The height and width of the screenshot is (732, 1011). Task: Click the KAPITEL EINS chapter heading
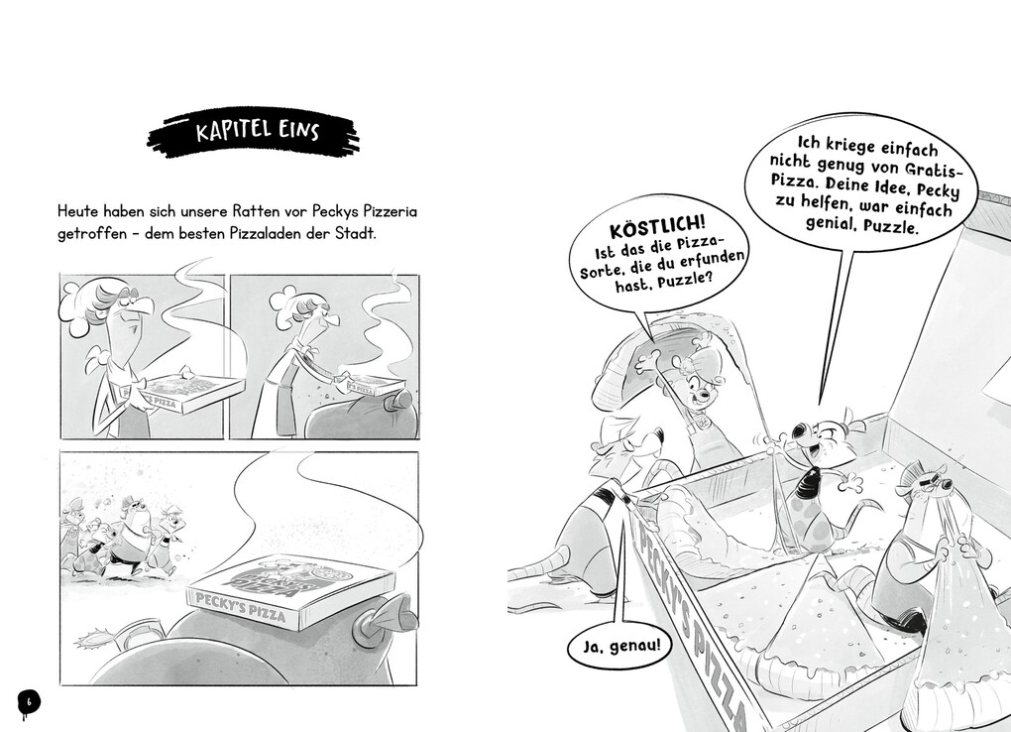coord(257,131)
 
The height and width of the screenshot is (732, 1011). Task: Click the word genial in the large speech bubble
coord(831,224)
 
